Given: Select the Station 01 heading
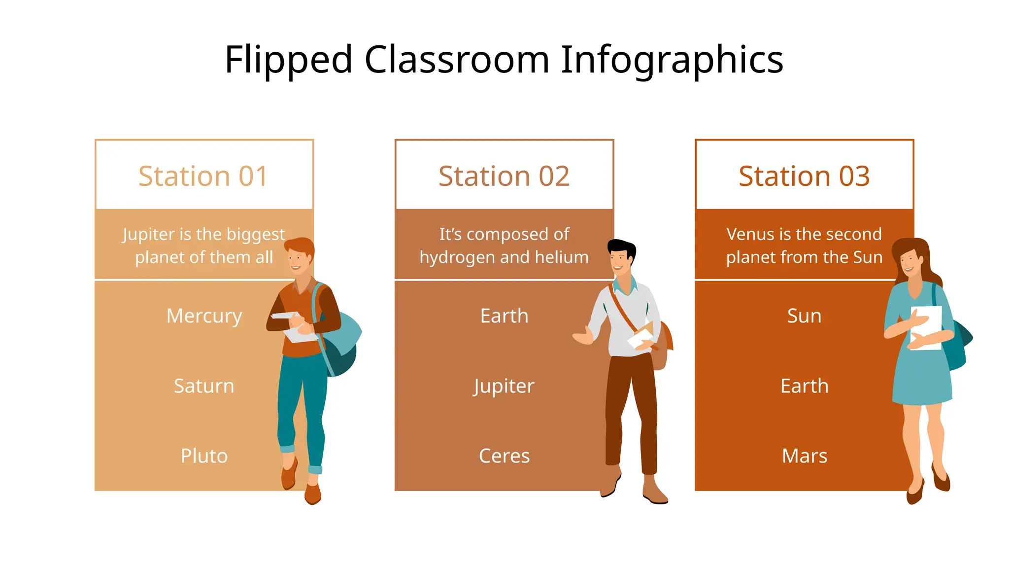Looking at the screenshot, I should [x=203, y=176].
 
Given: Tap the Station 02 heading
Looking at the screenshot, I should [x=504, y=176].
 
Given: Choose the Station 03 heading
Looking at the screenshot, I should [x=804, y=176].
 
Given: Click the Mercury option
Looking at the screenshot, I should [x=204, y=316].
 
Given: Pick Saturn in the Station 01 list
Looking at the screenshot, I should [x=204, y=386].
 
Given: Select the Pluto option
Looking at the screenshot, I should [x=204, y=456].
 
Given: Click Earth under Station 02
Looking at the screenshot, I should [x=504, y=316].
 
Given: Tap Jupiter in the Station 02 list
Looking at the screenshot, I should [x=504, y=386].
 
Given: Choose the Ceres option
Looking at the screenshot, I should [x=504, y=456].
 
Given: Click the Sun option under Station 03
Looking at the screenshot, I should [x=804, y=316].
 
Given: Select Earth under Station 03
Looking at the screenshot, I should [x=804, y=386].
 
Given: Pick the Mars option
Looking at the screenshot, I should [x=804, y=456].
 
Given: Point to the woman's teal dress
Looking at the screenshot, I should [x=921, y=380].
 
